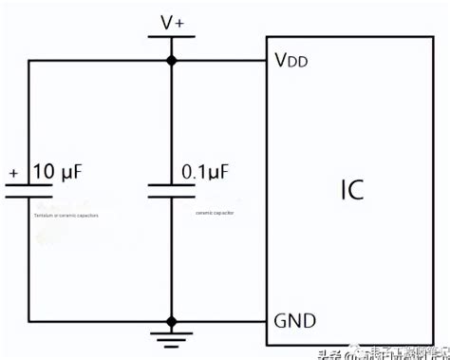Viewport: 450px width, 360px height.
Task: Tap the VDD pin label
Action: point(294,62)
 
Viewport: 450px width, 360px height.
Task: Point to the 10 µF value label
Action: point(56,172)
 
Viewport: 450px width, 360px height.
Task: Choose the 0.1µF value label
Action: point(208,172)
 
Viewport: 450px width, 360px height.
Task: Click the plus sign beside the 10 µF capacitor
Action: point(12,174)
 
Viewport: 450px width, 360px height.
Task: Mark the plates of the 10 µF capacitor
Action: point(28,190)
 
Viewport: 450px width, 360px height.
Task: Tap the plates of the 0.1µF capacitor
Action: point(172,190)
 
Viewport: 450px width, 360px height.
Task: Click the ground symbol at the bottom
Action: point(172,337)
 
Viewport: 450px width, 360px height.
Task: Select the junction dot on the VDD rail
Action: point(172,60)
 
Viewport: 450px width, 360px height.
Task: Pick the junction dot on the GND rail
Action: point(172,320)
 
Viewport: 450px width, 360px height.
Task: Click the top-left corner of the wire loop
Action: point(28,60)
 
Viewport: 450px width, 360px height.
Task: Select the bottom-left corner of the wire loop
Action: point(28,320)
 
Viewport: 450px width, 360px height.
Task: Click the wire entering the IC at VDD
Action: point(228,60)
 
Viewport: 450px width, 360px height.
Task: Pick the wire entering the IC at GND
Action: point(228,320)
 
